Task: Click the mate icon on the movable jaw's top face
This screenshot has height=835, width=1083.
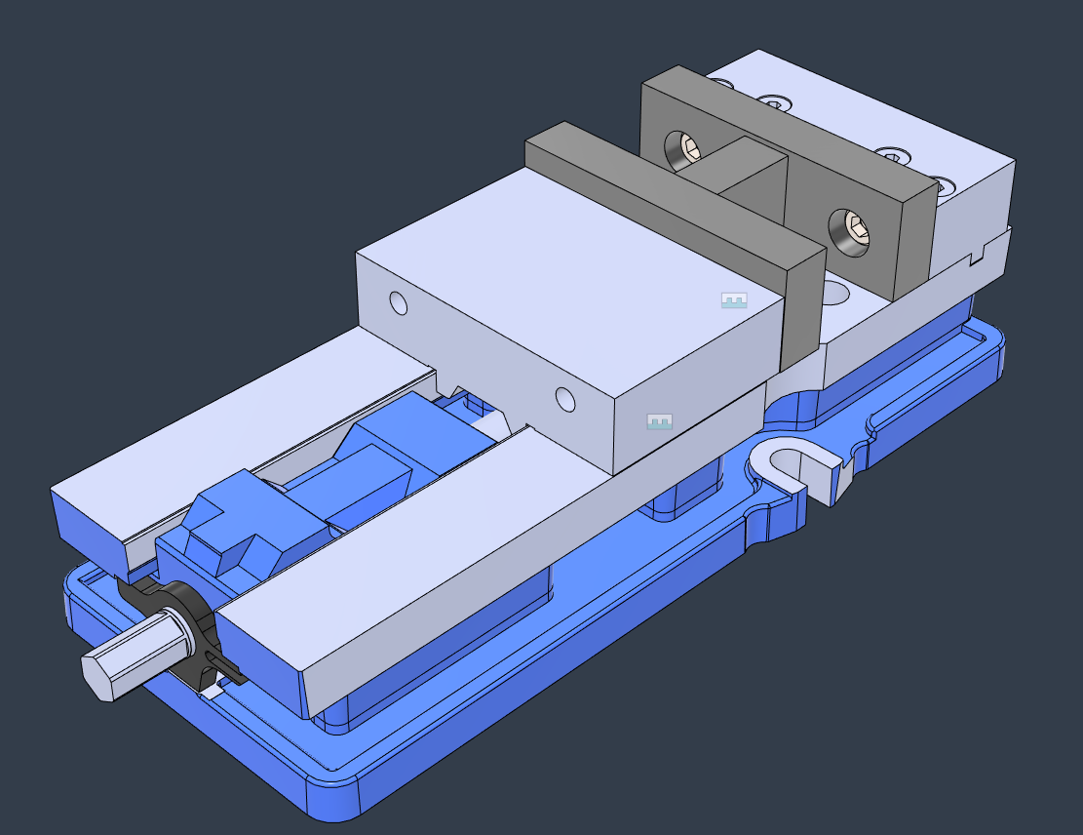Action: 733,300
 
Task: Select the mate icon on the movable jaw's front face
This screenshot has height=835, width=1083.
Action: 660,422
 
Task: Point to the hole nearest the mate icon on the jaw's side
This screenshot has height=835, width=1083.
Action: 565,398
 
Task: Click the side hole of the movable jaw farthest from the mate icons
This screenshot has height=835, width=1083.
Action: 399,303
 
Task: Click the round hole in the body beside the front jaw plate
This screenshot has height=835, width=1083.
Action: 834,292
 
